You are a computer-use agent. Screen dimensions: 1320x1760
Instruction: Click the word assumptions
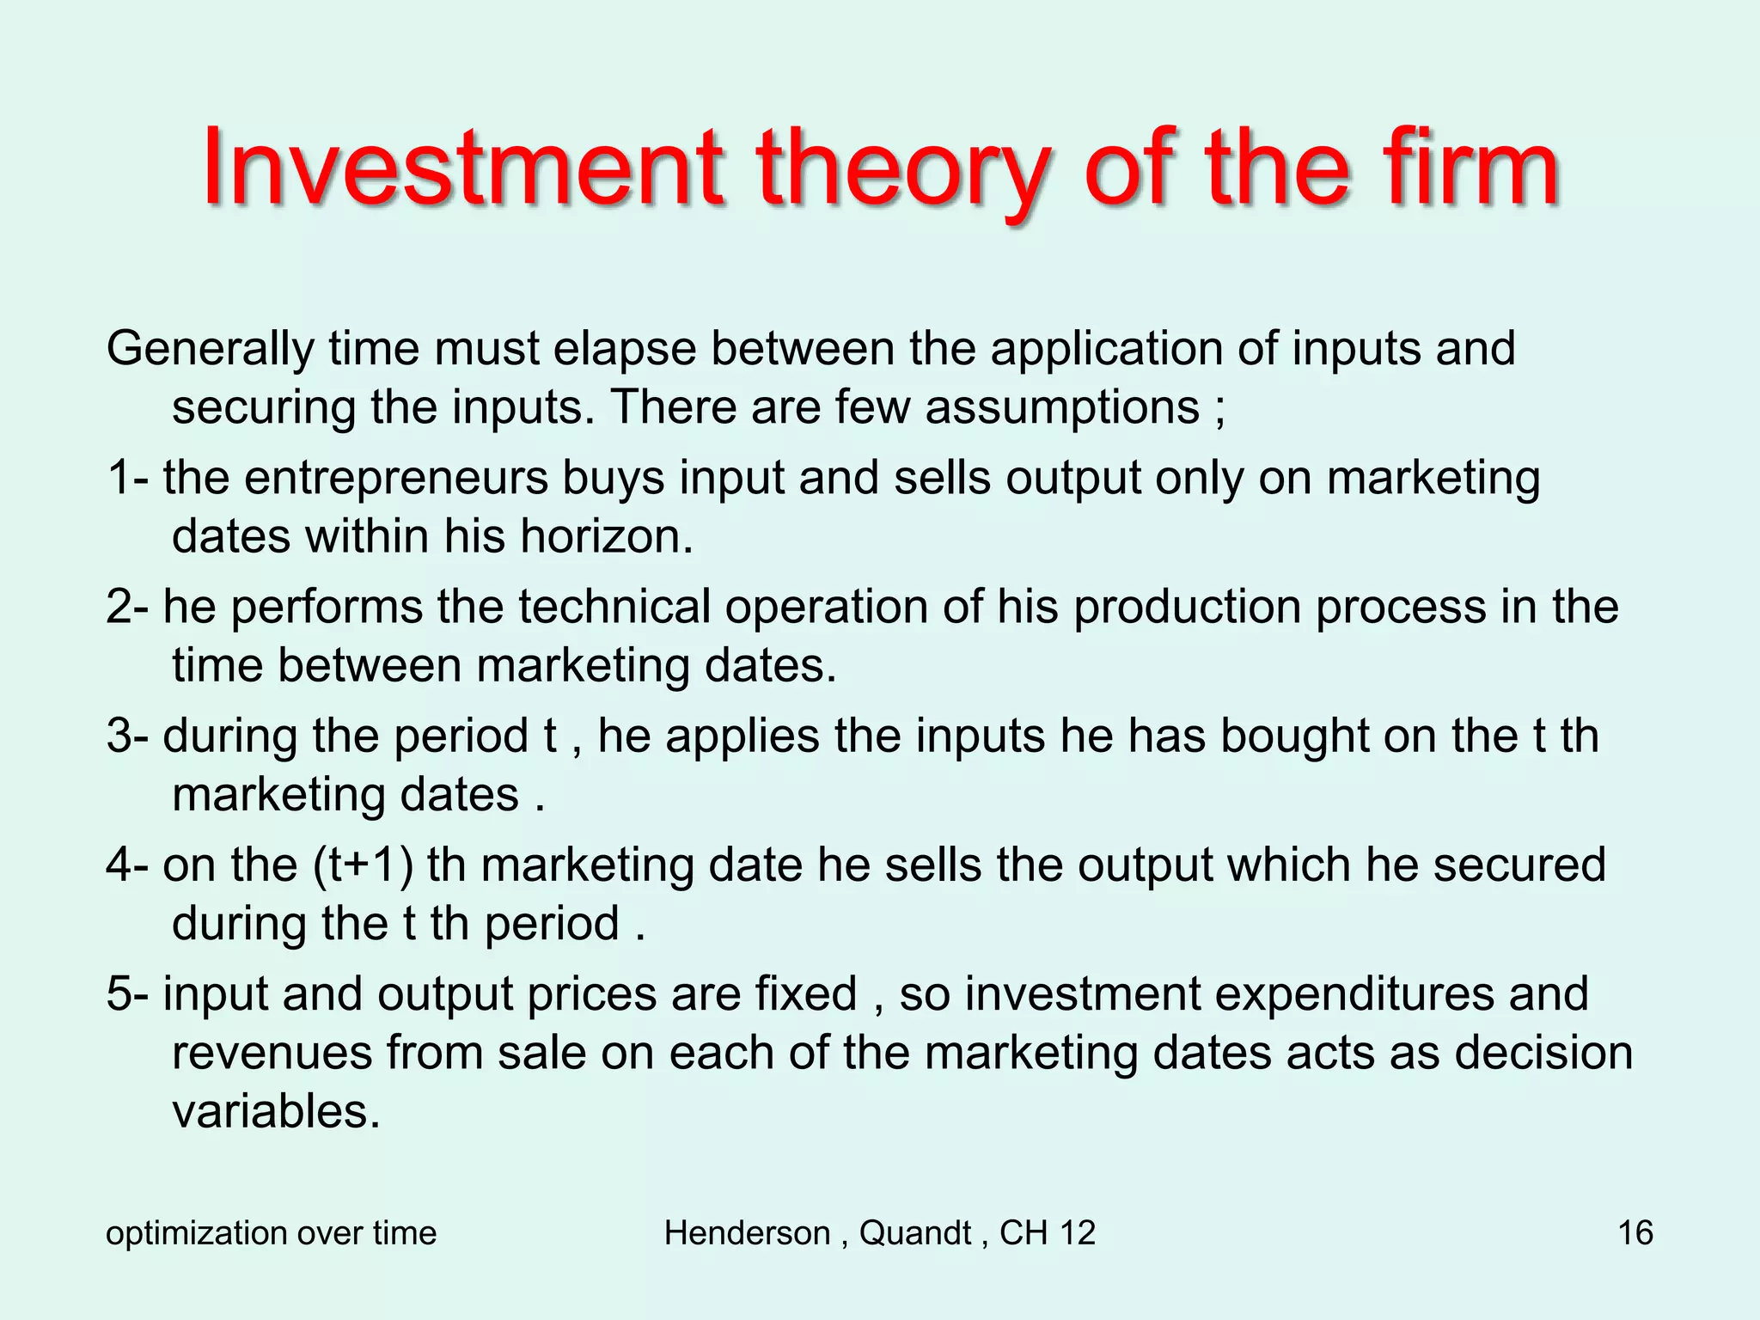pyautogui.click(x=1062, y=407)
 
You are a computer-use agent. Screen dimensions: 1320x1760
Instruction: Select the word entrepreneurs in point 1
pyautogui.click(x=396, y=479)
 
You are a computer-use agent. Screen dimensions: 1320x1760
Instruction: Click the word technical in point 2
pyautogui.click(x=614, y=607)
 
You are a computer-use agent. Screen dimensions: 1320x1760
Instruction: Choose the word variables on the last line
pyautogui.click(x=275, y=1112)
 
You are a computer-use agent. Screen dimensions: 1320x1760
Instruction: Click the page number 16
pyautogui.click(x=1635, y=1233)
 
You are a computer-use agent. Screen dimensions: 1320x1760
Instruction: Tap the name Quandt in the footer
pyautogui.click(x=914, y=1233)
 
